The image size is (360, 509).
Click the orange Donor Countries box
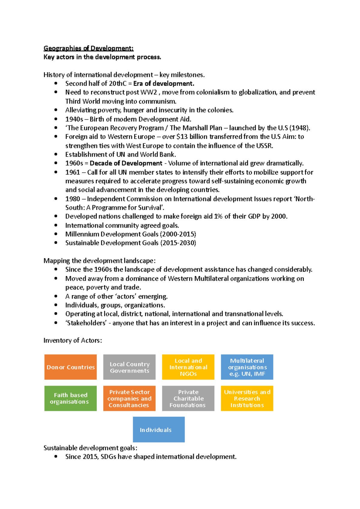click(70, 367)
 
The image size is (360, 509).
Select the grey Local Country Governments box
click(129, 367)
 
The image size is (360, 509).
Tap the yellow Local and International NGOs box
click(188, 367)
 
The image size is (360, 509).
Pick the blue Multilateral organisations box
click(247, 367)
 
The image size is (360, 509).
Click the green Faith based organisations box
click(70, 398)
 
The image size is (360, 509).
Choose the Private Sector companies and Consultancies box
click(129, 398)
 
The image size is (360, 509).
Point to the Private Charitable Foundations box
click(188, 398)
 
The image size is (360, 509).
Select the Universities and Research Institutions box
click(247, 398)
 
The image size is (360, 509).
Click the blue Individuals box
click(159, 429)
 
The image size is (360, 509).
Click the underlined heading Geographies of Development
click(88, 48)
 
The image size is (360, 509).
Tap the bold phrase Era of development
click(164, 84)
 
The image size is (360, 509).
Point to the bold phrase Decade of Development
click(126, 163)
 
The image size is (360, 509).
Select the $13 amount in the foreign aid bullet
click(181, 137)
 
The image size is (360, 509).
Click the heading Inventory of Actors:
click(73, 341)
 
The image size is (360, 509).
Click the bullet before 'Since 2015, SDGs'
click(56, 457)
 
